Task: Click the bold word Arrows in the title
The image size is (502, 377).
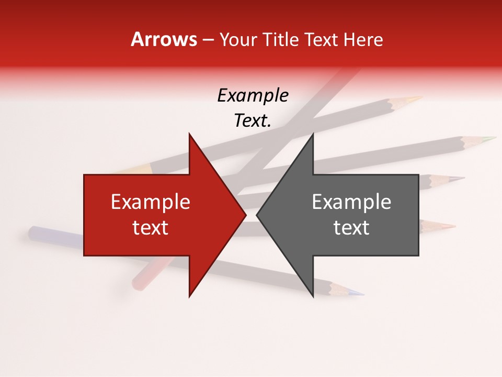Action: click(164, 39)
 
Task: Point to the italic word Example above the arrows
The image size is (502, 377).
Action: click(253, 95)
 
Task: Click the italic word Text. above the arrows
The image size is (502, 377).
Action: click(253, 120)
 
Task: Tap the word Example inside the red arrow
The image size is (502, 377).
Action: click(151, 202)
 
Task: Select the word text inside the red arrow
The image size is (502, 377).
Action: click(151, 228)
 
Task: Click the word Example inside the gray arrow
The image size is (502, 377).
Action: click(351, 202)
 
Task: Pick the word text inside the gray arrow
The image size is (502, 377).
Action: click(351, 228)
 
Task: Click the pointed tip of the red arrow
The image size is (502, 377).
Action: click(245, 215)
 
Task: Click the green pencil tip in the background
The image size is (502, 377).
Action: click(490, 139)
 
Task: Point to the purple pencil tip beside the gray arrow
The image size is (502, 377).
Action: click(458, 179)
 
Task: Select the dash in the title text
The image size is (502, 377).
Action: click(208, 40)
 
